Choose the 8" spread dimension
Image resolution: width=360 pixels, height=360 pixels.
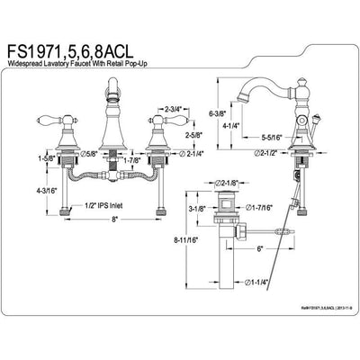[x=103, y=229]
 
